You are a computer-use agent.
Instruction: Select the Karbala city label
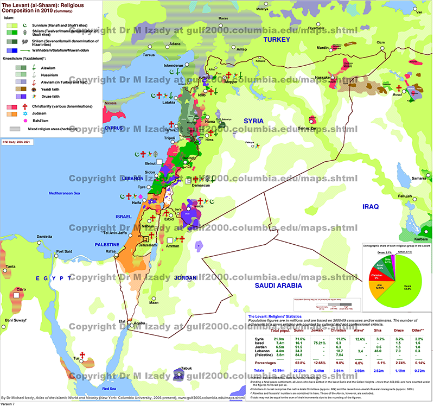point(418,238)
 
